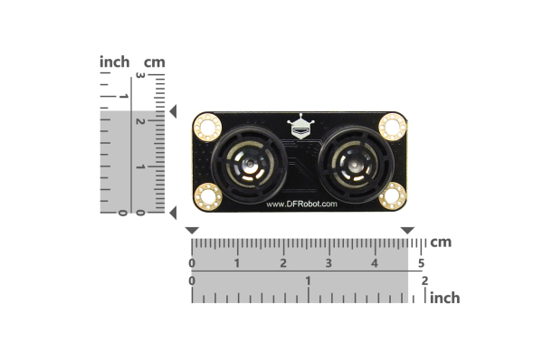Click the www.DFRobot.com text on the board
coord(301,204)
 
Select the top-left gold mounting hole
coord(208,125)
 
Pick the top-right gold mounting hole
coord(392,125)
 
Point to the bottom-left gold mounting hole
coord(208,195)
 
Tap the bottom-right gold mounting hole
coord(392,195)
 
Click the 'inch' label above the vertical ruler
coord(115,62)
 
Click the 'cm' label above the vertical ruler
coord(155,62)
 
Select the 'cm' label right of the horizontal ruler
coord(441,243)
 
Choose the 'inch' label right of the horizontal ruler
coord(444,298)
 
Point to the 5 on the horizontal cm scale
coord(421,263)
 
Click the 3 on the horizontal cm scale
coord(329,263)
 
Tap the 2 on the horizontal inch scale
coord(424,281)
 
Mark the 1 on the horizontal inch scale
coord(309,281)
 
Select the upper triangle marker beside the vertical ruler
coord(172,111)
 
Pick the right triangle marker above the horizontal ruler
coord(407,232)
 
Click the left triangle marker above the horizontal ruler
coord(192,232)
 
